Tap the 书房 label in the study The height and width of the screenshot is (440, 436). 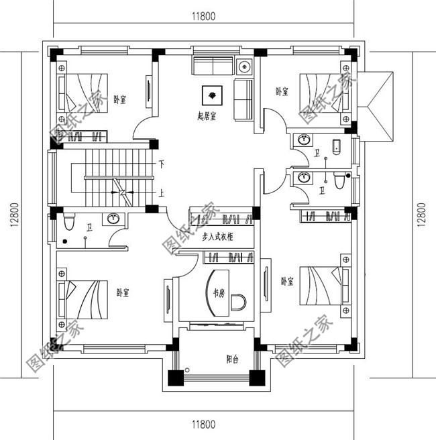click(x=219, y=293)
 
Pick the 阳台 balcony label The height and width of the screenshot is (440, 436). click(x=232, y=359)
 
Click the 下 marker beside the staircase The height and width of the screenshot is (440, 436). click(x=162, y=164)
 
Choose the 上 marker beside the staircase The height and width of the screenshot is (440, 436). click(x=162, y=192)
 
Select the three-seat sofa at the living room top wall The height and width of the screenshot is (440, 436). click(x=212, y=66)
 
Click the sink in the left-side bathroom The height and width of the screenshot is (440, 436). click(x=114, y=219)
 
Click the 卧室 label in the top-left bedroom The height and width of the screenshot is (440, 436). click(x=121, y=99)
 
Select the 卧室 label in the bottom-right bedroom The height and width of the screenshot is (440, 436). click(x=287, y=282)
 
